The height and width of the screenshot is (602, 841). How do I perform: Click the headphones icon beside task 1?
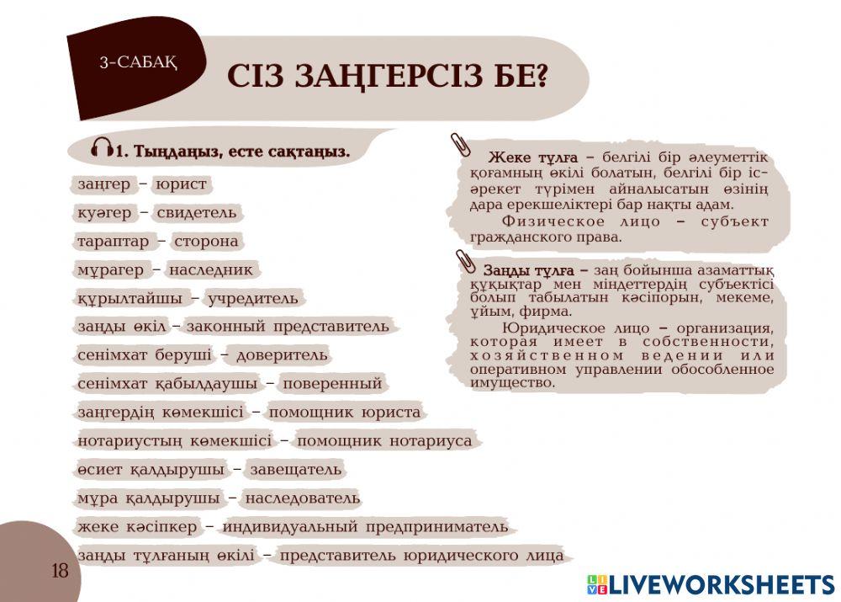click(x=102, y=149)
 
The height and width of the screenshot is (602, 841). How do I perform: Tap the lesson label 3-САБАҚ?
click(x=139, y=61)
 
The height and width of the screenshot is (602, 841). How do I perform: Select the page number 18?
click(x=60, y=571)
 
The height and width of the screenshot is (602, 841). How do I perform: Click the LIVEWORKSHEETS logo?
click(x=711, y=585)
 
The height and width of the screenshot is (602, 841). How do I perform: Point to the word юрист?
click(x=180, y=184)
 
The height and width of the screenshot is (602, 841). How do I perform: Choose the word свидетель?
click(x=197, y=212)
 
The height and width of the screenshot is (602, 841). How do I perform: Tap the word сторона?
click(x=205, y=242)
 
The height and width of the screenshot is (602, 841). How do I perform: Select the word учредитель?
click(x=252, y=299)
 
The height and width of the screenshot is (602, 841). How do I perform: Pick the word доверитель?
click(x=282, y=355)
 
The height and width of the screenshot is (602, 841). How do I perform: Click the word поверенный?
click(x=331, y=384)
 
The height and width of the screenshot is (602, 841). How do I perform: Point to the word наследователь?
click(x=302, y=498)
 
